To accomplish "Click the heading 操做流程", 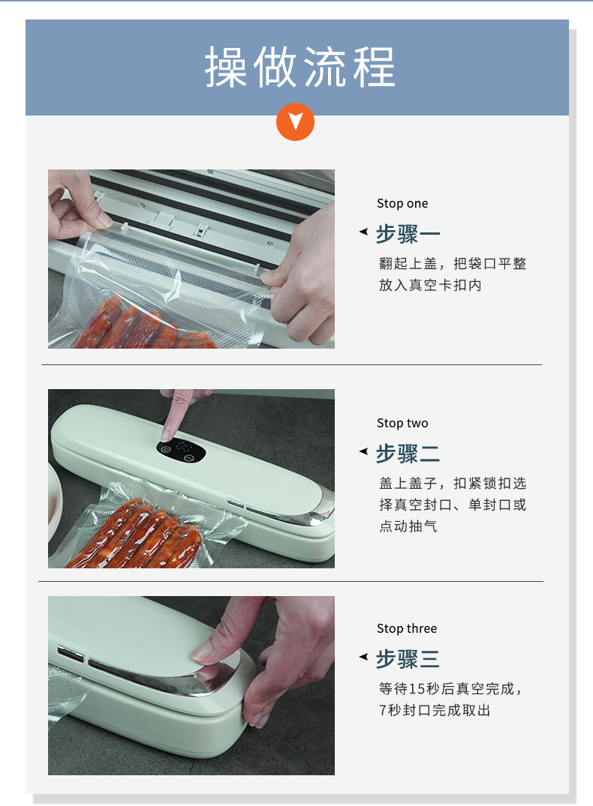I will tap(300, 67).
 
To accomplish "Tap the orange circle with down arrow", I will tap(296, 121).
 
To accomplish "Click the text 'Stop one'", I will tap(402, 203).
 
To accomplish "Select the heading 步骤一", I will tap(408, 234).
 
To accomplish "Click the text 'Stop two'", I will tap(402, 423).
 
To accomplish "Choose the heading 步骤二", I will tap(408, 454).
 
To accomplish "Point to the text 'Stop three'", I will tap(407, 628).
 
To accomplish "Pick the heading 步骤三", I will tap(408, 659).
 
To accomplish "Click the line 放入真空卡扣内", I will tap(430, 286).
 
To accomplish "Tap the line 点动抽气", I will tap(408, 526).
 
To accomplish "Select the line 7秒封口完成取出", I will tap(435, 710).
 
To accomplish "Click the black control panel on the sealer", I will tap(180, 450).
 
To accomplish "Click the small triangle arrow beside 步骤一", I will tap(363, 232).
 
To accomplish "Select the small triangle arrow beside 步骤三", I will tap(363, 658).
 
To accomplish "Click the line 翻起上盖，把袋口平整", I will tap(453, 264).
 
